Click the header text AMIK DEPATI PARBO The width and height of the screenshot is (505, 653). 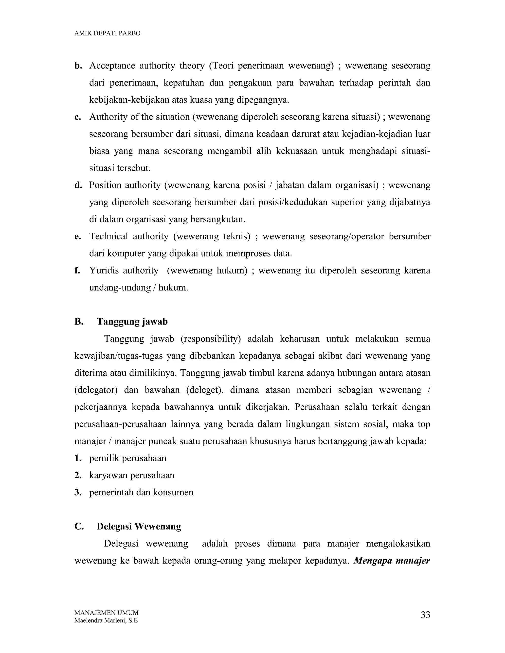107,34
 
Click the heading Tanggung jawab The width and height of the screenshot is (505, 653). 132,322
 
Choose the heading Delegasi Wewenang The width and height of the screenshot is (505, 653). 139,526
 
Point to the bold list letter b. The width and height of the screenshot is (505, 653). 78,66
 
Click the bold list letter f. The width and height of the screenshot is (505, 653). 77,271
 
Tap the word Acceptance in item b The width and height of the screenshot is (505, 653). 112,66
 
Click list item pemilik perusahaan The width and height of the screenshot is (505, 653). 128,458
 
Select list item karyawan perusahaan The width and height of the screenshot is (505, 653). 132,475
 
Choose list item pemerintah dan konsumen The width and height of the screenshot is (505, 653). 141,492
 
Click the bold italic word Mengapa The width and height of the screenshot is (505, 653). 373,561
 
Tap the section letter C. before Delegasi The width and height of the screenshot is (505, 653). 79,526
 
